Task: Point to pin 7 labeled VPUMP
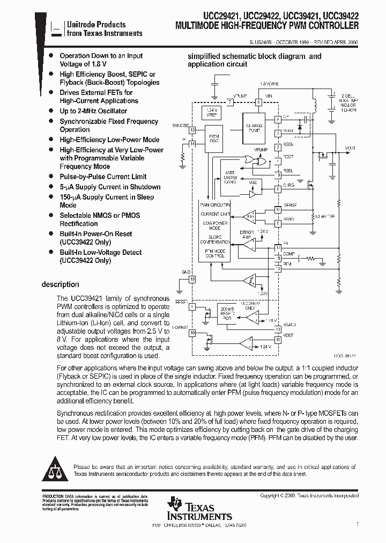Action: point(231,102)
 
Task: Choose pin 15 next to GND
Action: point(192,278)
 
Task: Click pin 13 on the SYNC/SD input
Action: point(192,130)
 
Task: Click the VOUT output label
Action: point(350,148)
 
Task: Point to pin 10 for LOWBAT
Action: point(192,333)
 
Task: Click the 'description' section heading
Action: point(61,284)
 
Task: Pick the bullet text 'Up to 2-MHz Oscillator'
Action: point(93,111)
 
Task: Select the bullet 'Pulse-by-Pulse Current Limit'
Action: point(103,177)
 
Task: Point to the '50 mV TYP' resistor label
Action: point(325,216)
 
